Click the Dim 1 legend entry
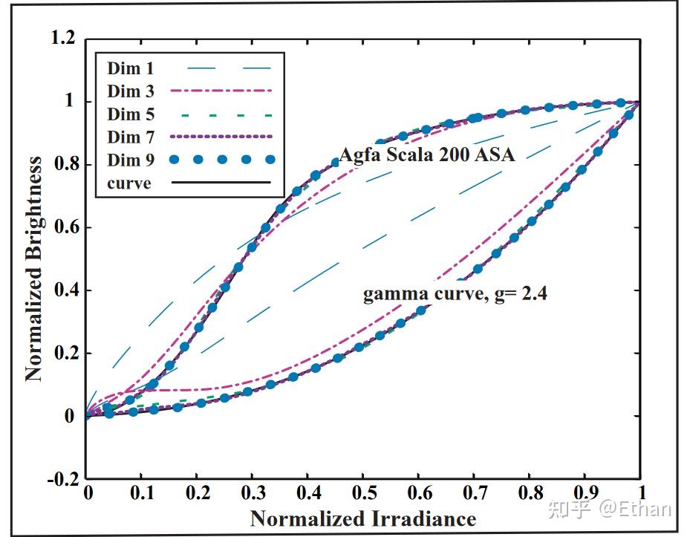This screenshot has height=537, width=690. click(130, 69)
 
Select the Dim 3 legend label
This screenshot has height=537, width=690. click(130, 92)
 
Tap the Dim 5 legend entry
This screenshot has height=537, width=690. click(130, 115)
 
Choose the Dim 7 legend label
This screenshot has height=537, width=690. click(130, 138)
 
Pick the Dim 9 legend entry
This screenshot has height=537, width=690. click(130, 160)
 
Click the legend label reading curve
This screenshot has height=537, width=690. click(128, 183)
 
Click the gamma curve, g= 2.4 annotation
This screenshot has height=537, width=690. click(455, 295)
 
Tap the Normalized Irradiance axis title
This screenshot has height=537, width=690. click(362, 518)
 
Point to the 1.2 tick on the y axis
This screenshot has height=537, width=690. click(62, 39)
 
